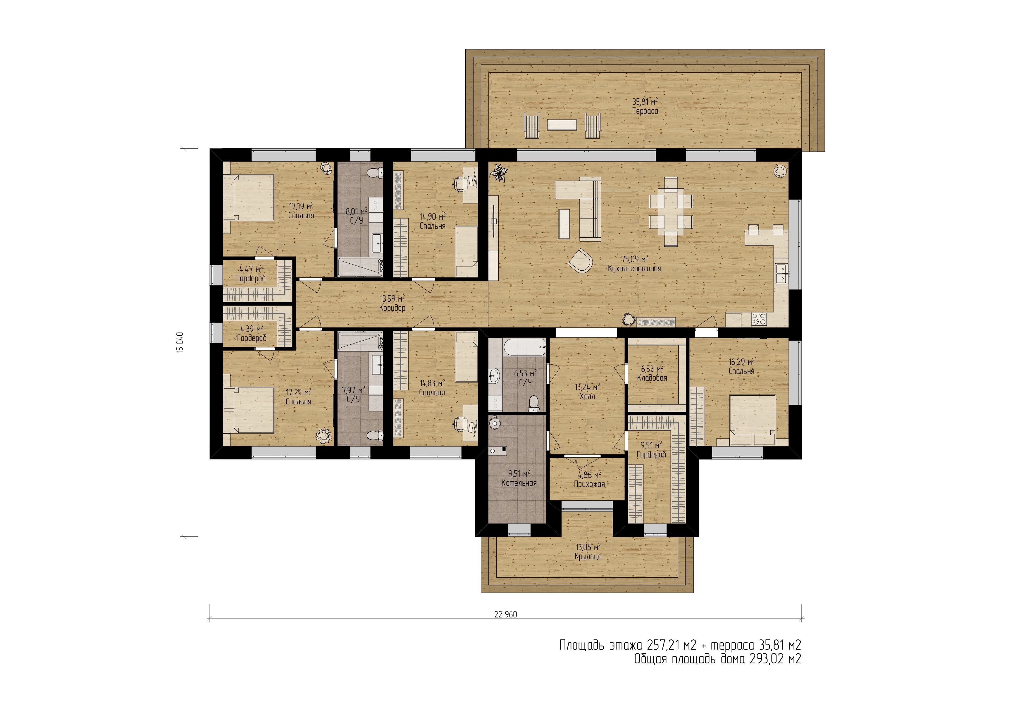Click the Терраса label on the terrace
point(645,111)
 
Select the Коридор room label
point(392,308)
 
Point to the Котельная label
point(519,483)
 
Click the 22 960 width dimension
point(505,614)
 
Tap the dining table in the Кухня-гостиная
point(671,212)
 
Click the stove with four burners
point(759,319)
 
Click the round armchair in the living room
point(581,261)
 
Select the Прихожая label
point(589,484)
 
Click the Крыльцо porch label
point(588,557)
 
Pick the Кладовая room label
point(652,378)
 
